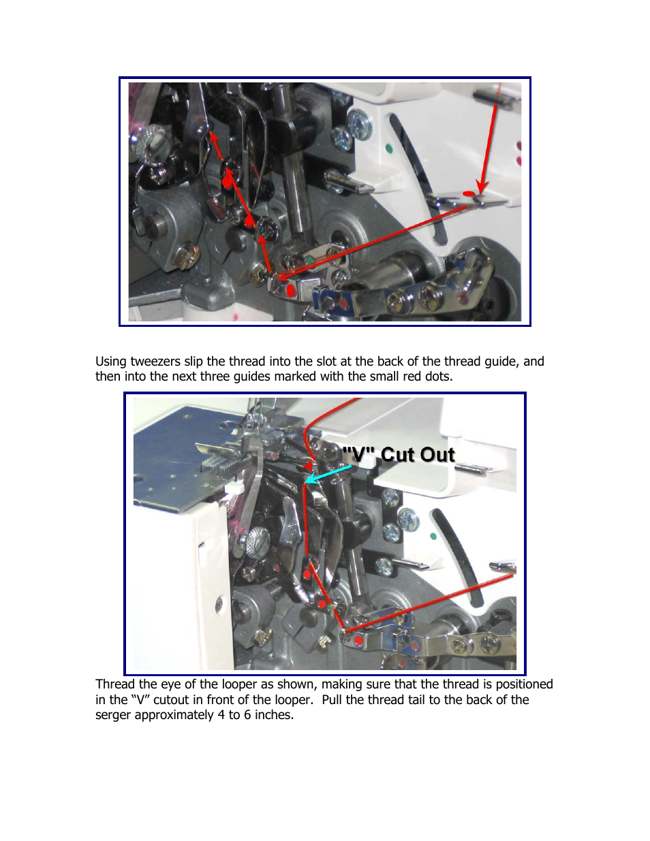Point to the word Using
[x=111, y=362]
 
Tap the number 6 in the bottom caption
[x=247, y=714]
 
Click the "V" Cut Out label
[x=399, y=454]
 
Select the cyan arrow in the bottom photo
[x=328, y=474]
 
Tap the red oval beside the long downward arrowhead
[x=469, y=193]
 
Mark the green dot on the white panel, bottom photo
[x=433, y=537]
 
